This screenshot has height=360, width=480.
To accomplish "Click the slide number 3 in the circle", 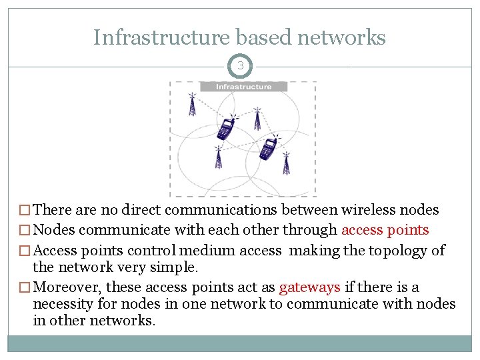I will coord(239,66).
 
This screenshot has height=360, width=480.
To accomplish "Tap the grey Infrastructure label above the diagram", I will coord(243,87).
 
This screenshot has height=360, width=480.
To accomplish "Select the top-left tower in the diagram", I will coord(192,104).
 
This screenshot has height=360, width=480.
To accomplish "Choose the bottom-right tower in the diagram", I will coord(287,163).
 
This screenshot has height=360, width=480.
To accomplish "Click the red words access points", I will coord(385,230).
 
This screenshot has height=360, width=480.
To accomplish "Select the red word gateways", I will coord(309,287).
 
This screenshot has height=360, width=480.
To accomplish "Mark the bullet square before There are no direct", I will coord(25,211).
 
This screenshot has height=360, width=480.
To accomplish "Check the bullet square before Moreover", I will coord(25,288).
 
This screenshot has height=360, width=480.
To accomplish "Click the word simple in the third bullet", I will coord(178,267).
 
